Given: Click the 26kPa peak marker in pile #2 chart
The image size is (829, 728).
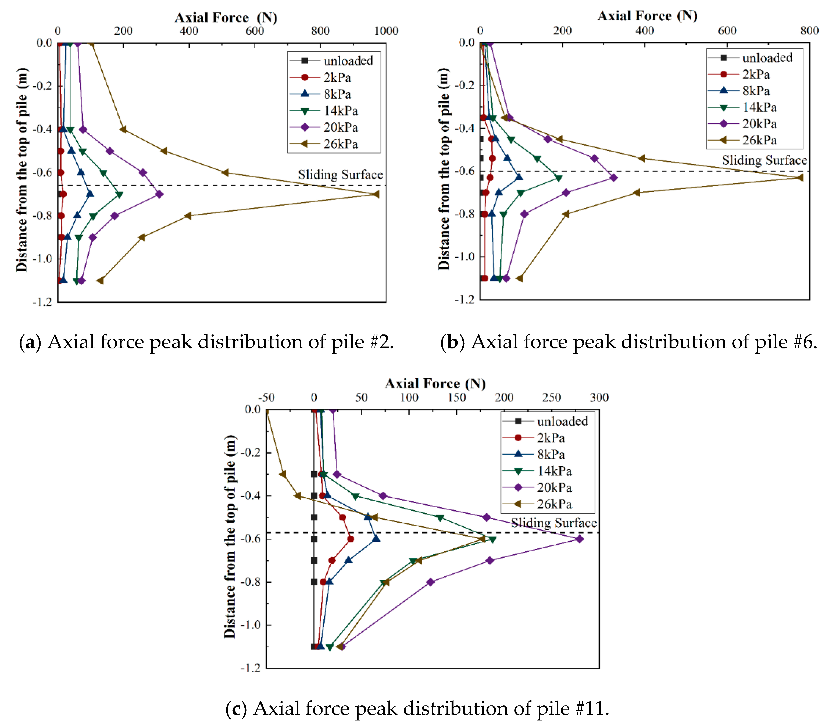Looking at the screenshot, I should pyautogui.click(x=376, y=194).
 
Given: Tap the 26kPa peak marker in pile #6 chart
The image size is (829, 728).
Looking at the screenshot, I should pyautogui.click(x=799, y=177).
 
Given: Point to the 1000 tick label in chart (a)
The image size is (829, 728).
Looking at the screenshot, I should pyautogui.click(x=386, y=31).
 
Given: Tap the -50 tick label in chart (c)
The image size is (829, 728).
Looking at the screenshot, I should pyautogui.click(x=266, y=397).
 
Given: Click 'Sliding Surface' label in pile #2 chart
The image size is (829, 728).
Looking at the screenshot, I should pyautogui.click(x=340, y=175).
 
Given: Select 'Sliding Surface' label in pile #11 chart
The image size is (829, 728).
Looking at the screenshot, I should pyautogui.click(x=554, y=523).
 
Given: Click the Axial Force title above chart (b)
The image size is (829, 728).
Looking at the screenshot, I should pyautogui.click(x=647, y=16).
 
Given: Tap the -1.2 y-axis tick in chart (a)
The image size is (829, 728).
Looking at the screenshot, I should pyautogui.click(x=42, y=302).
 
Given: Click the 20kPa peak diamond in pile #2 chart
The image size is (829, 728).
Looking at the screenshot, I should pyautogui.click(x=159, y=194).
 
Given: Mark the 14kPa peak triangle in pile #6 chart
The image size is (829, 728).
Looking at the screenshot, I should pyautogui.click(x=559, y=178).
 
